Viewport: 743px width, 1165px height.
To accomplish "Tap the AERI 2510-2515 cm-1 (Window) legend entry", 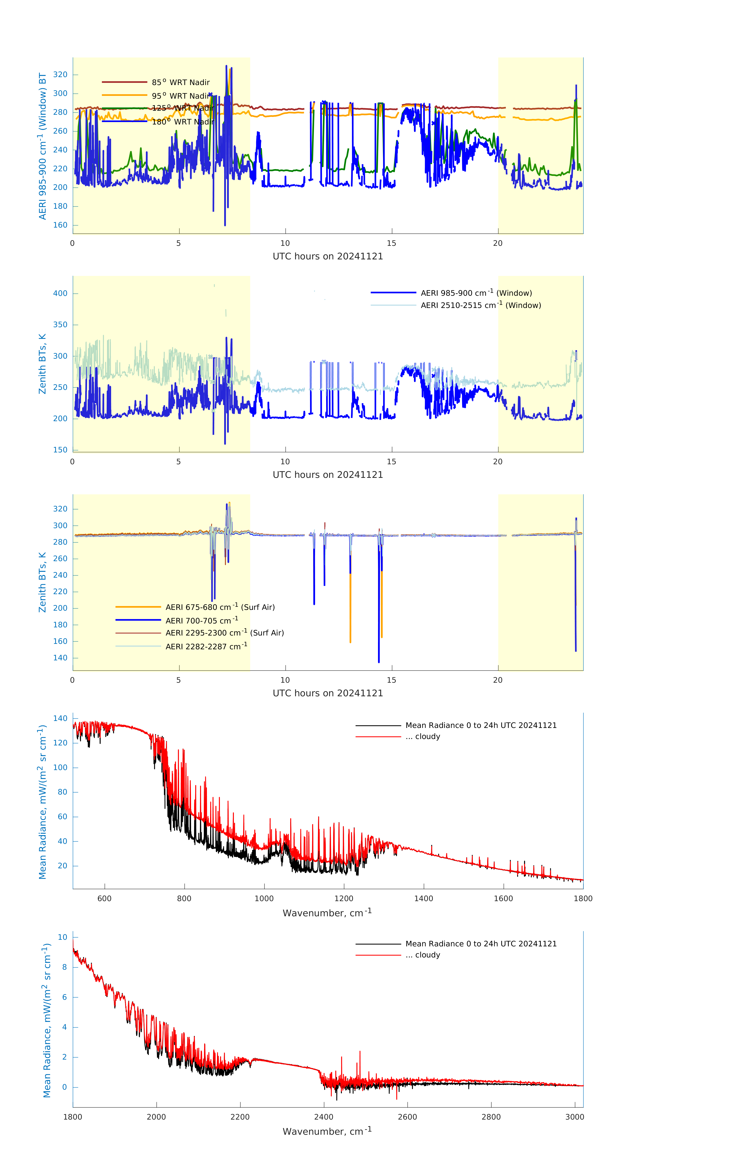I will (x=481, y=305).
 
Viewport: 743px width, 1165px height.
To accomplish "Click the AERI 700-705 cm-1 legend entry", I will (x=201, y=621).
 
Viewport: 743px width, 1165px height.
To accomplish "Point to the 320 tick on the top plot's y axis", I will (x=60, y=75).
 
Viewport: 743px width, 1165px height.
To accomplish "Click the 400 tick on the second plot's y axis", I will (x=60, y=293).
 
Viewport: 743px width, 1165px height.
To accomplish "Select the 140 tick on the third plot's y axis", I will (x=60, y=658).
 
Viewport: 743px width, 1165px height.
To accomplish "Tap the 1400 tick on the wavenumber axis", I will (x=423, y=898).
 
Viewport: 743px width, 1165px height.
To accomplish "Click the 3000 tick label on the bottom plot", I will (x=575, y=1117).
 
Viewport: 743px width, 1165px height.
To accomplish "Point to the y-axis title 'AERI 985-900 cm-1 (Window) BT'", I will (x=43, y=146).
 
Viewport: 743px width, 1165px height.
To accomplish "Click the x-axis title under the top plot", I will (x=328, y=256).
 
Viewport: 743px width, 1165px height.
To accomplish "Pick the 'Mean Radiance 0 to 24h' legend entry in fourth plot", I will (x=481, y=725).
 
